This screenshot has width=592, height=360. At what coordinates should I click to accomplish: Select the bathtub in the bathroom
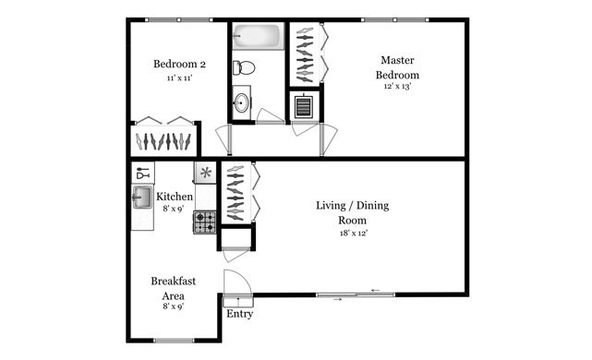coord(258,38)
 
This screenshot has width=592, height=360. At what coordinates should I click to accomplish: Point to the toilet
coord(243,66)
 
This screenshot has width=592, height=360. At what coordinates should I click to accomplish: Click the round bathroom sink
coord(241,101)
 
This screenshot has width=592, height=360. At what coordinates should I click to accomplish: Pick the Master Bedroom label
coord(398,67)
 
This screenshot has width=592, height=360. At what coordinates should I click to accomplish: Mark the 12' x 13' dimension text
coord(398,88)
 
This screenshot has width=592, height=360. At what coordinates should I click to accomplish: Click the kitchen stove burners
coord(204,222)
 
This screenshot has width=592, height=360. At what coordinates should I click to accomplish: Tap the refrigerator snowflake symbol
coord(206,173)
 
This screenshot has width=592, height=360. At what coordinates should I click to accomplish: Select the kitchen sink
coord(142,197)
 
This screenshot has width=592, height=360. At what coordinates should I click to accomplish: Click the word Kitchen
coord(174,197)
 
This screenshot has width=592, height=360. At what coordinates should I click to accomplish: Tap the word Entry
coord(239,314)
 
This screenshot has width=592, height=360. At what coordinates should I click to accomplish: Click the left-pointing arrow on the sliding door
coord(375,292)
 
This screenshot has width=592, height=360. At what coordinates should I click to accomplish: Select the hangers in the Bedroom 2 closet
coord(163,141)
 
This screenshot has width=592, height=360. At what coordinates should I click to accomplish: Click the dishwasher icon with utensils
coord(142,173)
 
